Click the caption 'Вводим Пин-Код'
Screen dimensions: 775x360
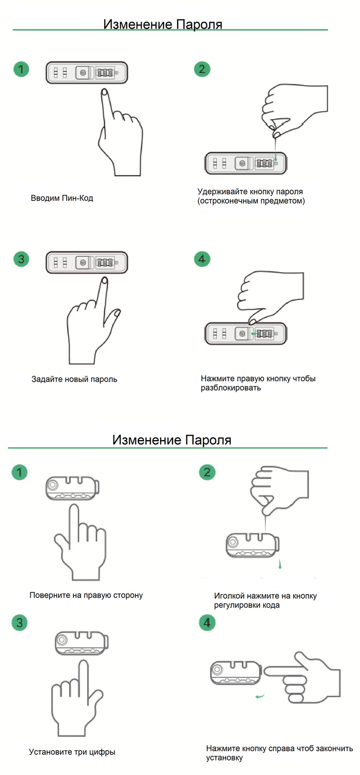click(x=62, y=198)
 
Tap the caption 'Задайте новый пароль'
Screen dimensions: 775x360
click(x=74, y=379)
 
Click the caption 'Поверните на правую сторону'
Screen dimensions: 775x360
click(x=86, y=595)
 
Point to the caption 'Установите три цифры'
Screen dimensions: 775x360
click(x=72, y=752)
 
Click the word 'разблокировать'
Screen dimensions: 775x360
click(x=230, y=388)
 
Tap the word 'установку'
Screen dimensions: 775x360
click(x=224, y=758)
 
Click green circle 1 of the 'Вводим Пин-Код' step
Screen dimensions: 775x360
click(x=21, y=69)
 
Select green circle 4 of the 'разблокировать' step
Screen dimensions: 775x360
click(x=202, y=258)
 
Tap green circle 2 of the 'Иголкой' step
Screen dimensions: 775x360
click(x=207, y=472)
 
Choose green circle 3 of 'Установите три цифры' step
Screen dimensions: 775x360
click(x=20, y=623)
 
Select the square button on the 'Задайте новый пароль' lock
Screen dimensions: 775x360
click(x=82, y=262)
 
